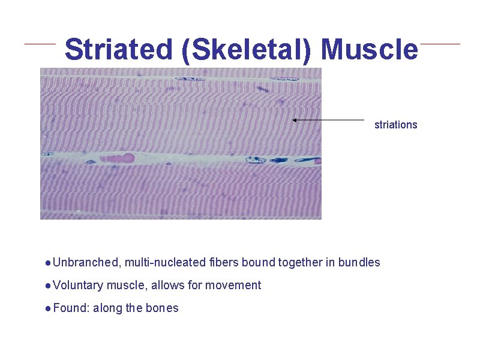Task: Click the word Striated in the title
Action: (118, 50)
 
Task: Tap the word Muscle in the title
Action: (369, 50)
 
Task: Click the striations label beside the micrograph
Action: (395, 125)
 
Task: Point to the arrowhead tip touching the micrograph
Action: (293, 120)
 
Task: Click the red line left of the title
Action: (40, 44)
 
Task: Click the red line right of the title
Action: (440, 44)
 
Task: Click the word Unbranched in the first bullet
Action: (86, 262)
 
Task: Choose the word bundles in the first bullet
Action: (359, 262)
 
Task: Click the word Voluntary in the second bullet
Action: (78, 285)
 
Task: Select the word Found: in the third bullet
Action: (70, 308)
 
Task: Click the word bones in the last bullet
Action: (162, 308)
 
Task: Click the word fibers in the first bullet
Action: (224, 262)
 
